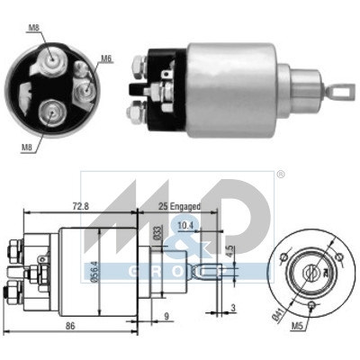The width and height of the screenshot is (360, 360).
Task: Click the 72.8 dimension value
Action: pyautogui.click(x=81, y=207)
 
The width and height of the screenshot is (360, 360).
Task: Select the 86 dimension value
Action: pyautogui.click(x=70, y=326)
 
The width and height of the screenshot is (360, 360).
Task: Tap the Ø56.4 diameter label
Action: pyautogui.click(x=95, y=271)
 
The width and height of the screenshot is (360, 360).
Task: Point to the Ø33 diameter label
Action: pyautogui.click(x=158, y=232)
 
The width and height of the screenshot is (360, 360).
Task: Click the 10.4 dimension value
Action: pyautogui.click(x=185, y=225)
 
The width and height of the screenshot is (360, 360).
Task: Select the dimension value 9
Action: pyautogui.click(x=167, y=316)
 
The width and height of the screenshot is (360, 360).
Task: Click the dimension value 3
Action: pyautogui.click(x=233, y=308)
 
